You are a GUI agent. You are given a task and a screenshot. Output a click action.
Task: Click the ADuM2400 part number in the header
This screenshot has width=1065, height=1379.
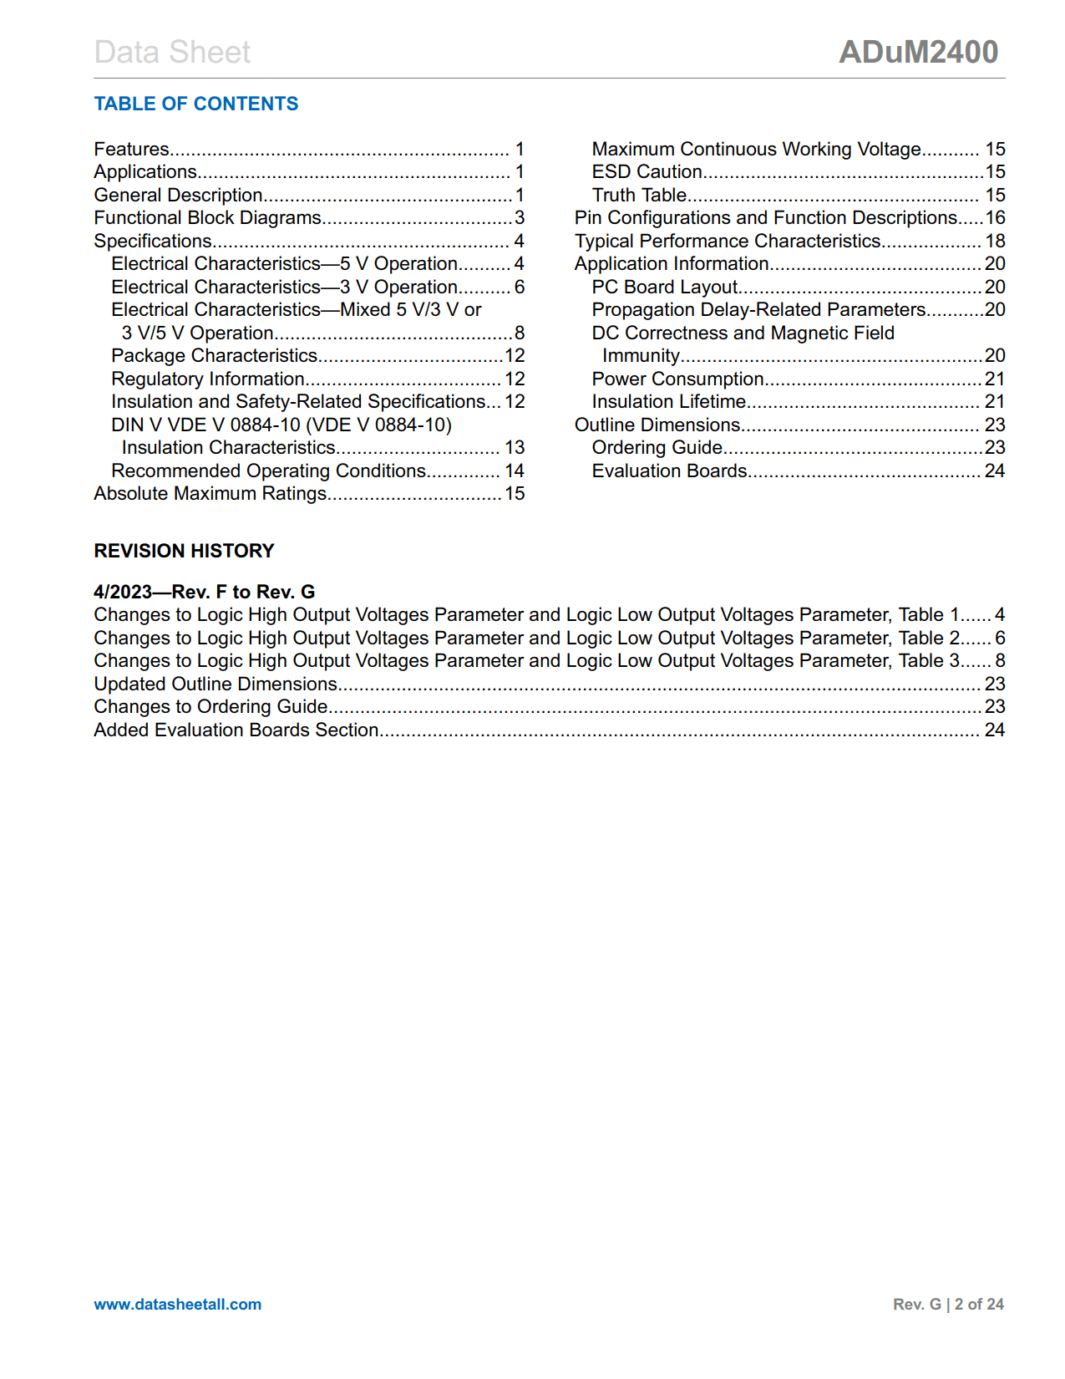(918, 52)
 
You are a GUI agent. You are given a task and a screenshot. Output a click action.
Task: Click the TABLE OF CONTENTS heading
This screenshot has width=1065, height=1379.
(195, 104)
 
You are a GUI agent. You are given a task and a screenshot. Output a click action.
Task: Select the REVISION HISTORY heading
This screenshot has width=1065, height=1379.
(184, 551)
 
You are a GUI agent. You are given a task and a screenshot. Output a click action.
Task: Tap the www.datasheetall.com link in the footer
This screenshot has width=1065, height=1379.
(177, 1304)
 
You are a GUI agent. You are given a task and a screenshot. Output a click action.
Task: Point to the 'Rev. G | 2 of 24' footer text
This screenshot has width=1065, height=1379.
(948, 1304)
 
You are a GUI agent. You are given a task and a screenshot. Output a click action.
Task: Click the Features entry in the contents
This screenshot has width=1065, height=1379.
(132, 149)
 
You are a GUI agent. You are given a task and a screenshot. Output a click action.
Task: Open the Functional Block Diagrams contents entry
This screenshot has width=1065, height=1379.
(207, 218)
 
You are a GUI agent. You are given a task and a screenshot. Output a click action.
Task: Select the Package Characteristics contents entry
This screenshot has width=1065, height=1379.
(215, 356)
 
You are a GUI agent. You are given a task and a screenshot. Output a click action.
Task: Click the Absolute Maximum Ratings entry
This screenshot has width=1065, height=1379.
(210, 494)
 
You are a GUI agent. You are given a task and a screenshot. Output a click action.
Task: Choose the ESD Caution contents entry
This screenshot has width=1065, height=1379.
(647, 172)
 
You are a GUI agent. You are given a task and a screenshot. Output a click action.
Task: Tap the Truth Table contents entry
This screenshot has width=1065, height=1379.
(639, 196)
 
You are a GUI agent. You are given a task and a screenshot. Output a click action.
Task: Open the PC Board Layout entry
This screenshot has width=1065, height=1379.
(664, 288)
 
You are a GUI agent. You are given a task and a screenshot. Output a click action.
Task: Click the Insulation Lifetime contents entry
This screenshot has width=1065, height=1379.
(668, 402)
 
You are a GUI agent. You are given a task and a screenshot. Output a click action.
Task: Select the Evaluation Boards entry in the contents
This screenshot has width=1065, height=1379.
(669, 471)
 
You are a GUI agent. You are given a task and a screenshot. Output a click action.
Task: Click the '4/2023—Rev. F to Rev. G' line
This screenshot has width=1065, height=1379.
(204, 592)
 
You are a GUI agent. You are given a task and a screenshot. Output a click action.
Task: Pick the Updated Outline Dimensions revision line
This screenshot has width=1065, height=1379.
(216, 684)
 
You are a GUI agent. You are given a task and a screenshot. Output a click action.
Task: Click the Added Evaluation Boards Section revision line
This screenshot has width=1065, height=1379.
(236, 730)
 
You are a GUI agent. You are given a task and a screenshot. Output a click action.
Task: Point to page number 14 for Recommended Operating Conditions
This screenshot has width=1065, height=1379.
(515, 471)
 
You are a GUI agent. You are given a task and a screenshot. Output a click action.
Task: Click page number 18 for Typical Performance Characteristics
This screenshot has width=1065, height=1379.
(995, 242)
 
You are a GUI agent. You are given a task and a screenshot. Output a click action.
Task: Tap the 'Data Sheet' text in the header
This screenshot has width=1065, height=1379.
(172, 52)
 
